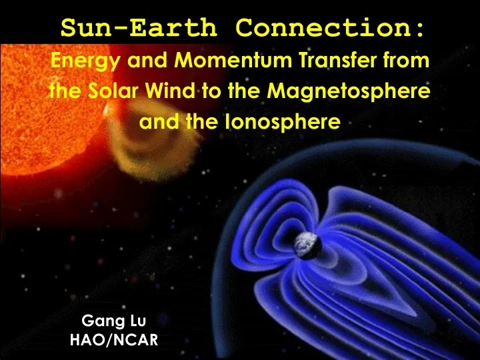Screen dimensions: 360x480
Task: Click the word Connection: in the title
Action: (331, 29)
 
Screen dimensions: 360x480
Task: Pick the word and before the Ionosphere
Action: (154, 122)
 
